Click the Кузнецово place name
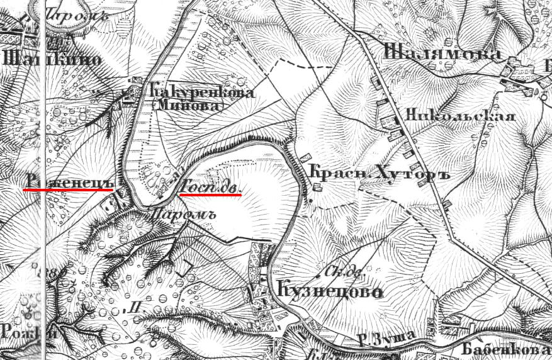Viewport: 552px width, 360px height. (x=330, y=291)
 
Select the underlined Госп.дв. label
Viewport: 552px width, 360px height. (x=210, y=187)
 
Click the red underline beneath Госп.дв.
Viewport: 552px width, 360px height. (x=210, y=195)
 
